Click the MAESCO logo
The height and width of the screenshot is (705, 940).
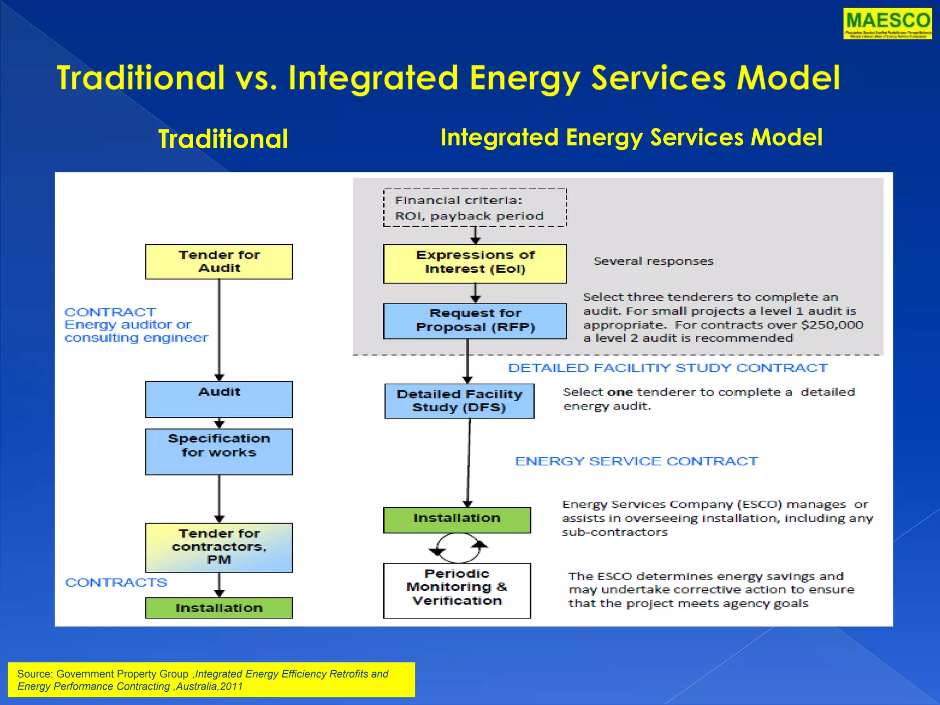click(887, 23)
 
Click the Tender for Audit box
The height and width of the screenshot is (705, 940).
click(219, 262)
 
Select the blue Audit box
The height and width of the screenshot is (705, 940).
click(219, 399)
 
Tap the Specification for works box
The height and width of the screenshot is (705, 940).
click(219, 451)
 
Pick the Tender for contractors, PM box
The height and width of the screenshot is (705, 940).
click(219, 547)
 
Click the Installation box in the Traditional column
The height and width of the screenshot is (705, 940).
click(219, 608)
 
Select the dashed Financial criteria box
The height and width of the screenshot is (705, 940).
click(475, 207)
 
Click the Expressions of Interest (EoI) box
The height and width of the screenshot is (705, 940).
click(475, 263)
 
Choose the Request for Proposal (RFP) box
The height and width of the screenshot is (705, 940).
click(475, 321)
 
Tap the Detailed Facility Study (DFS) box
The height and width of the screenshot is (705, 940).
click(459, 401)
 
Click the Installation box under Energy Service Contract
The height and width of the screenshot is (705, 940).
click(457, 520)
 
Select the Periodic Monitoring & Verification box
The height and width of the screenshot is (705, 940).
click(457, 590)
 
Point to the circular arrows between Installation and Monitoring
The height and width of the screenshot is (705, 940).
click(458, 548)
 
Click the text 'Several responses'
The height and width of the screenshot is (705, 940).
click(653, 261)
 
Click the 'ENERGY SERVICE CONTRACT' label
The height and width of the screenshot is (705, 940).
click(636, 461)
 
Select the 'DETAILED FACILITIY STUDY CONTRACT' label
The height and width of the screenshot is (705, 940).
click(668, 368)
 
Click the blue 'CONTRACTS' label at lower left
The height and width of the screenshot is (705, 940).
click(116, 582)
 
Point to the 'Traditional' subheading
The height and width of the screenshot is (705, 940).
click(223, 139)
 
